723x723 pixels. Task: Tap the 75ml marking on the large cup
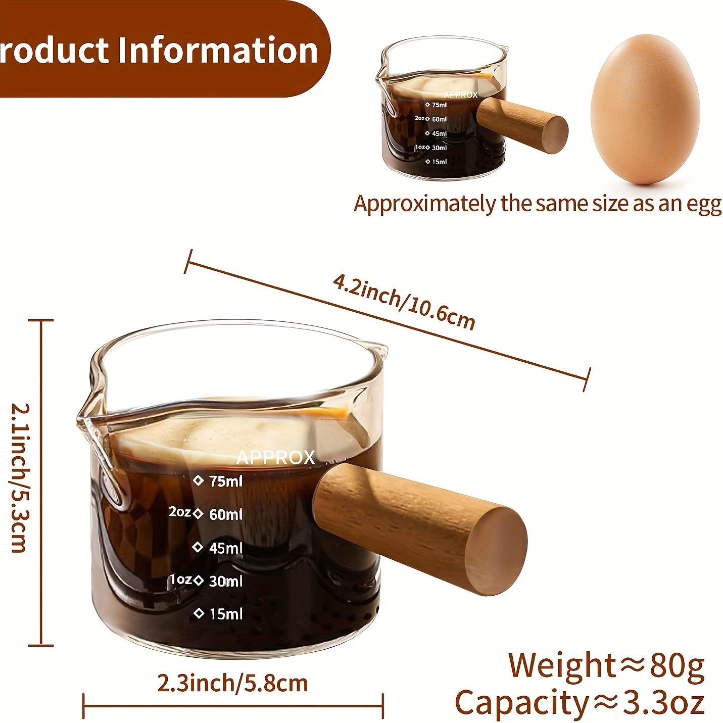point(225,481)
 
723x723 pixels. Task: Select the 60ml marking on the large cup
point(225,514)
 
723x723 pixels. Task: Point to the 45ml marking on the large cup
point(225,548)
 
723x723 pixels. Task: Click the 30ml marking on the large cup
point(225,581)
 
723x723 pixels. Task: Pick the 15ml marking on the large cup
point(225,614)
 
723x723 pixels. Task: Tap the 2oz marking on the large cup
point(179,512)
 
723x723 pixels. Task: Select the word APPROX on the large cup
point(275,458)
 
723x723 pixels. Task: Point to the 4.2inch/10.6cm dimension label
point(404,302)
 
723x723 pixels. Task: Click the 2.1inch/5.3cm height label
point(21,477)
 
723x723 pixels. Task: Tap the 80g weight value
point(677,666)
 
